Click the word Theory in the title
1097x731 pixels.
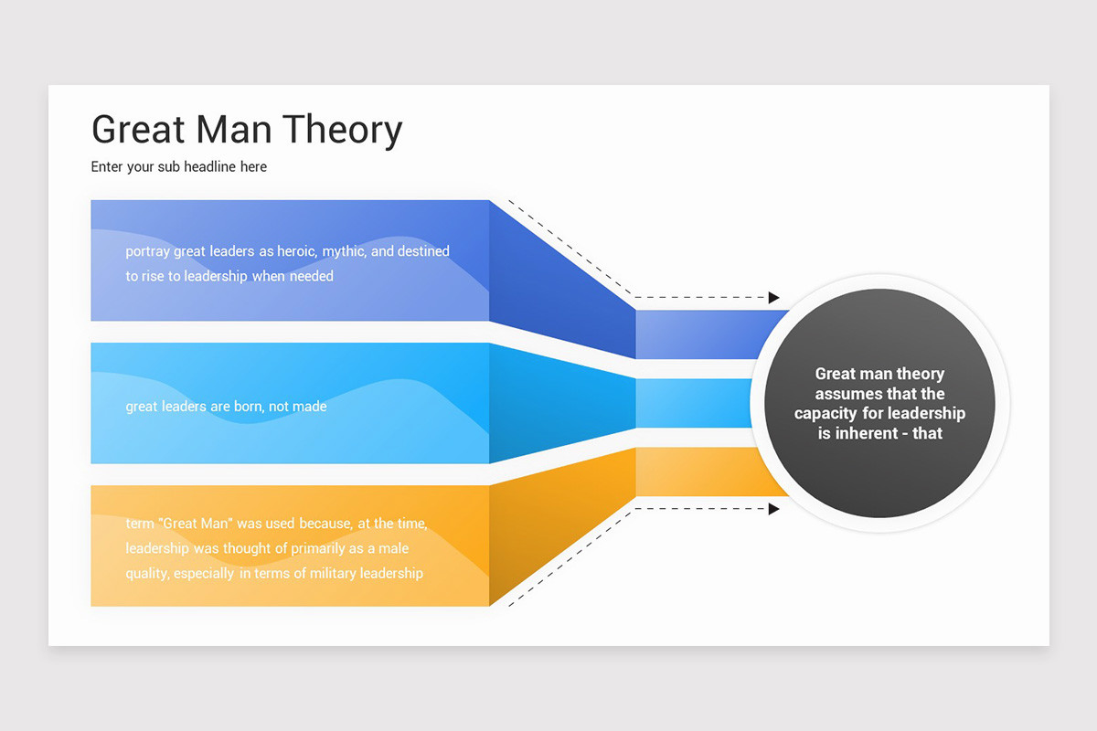click(x=342, y=130)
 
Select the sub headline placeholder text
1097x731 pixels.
click(x=179, y=167)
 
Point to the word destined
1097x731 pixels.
click(x=423, y=251)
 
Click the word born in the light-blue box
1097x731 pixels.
click(x=247, y=407)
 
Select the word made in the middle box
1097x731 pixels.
click(x=310, y=407)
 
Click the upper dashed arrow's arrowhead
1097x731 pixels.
click(x=773, y=298)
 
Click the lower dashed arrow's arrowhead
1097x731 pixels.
click(x=773, y=509)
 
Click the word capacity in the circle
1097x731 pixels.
click(x=825, y=414)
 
